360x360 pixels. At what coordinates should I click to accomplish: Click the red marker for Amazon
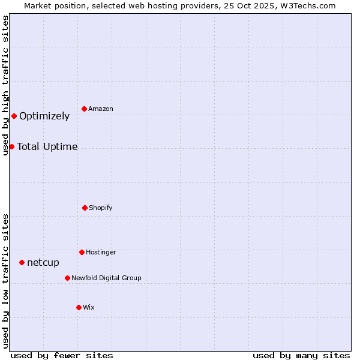[85, 109]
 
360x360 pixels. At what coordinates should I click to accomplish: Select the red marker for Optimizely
[14, 116]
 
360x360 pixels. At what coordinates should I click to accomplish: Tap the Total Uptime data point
[11, 146]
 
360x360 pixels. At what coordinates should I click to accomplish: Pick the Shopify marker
[85, 208]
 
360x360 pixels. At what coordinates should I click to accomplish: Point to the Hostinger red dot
[82, 252]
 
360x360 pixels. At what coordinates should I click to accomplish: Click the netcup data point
[22, 262]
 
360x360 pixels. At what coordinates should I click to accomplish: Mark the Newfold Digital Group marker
[67, 278]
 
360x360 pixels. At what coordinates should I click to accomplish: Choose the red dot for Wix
[79, 307]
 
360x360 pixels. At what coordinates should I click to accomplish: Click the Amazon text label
[101, 109]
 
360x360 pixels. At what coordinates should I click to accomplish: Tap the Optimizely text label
[44, 116]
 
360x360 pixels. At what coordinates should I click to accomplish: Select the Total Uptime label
[47, 146]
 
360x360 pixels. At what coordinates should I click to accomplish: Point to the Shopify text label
[101, 208]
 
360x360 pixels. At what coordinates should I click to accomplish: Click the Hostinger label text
[101, 252]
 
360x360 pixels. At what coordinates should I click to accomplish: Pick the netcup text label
[43, 262]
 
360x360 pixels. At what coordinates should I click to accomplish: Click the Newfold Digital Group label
[106, 278]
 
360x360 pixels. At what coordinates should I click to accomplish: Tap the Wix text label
[89, 307]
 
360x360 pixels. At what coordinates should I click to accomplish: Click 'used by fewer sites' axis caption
[62, 355]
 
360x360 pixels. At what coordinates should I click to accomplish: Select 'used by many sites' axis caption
[301, 355]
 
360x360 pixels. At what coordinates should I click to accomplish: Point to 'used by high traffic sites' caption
[5, 85]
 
